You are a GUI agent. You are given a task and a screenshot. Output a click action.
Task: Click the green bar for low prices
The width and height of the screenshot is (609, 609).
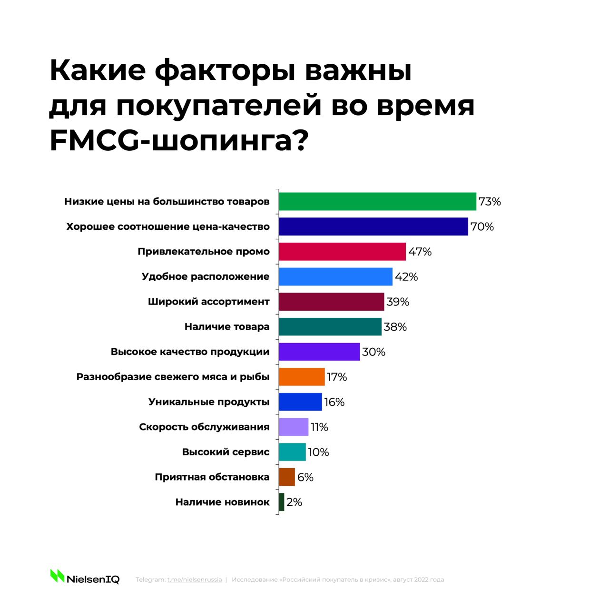click(x=377, y=201)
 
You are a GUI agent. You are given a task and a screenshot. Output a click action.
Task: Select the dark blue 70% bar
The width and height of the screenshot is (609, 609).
click(x=373, y=226)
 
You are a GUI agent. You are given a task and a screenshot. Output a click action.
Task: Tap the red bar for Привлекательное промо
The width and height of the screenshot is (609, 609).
click(x=342, y=252)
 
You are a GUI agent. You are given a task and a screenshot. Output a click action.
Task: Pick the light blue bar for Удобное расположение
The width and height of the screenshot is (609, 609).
click(x=335, y=276)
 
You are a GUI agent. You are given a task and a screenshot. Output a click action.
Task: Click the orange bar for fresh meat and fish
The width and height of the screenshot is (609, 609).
click(x=302, y=377)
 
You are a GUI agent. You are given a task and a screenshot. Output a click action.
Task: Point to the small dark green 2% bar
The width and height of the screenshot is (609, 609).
click(x=282, y=502)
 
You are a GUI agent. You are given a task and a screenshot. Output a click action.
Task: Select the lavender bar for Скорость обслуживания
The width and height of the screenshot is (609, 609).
click(x=294, y=427)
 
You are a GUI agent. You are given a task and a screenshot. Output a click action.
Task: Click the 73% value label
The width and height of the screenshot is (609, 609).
click(x=490, y=202)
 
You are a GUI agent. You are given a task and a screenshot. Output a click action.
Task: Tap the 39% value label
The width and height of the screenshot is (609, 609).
click(x=398, y=302)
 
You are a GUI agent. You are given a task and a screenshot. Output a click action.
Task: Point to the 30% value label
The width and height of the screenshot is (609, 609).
click(x=373, y=352)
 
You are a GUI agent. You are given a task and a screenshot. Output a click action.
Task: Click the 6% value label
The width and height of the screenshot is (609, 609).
click(x=305, y=477)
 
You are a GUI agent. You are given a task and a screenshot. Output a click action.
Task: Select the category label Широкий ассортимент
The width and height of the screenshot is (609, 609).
click(x=208, y=302)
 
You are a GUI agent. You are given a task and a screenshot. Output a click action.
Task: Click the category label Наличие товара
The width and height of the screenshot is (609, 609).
click(x=227, y=327)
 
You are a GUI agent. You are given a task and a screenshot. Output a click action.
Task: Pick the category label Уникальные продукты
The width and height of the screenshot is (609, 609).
click(x=209, y=402)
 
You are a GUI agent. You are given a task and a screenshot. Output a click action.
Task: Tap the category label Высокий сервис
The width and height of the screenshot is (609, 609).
click(x=226, y=452)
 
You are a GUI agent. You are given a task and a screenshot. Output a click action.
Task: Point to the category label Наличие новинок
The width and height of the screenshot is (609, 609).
click(x=222, y=502)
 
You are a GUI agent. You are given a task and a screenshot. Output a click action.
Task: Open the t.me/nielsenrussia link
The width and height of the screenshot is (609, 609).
click(x=195, y=580)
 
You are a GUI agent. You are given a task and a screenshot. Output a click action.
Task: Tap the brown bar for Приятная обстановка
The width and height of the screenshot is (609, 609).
click(x=287, y=477)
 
